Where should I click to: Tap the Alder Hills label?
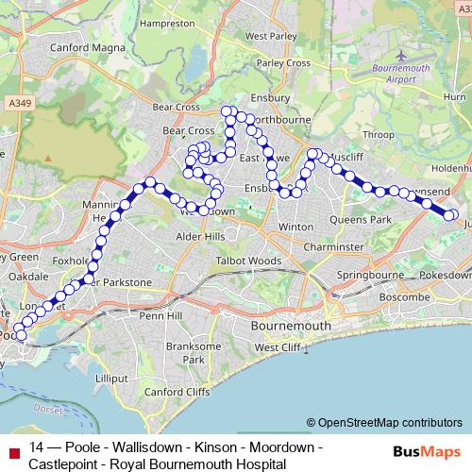coord(196,236)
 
